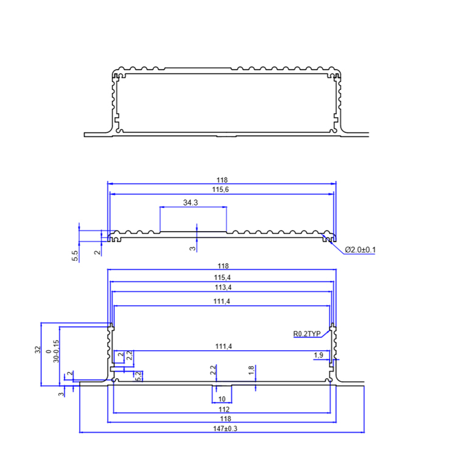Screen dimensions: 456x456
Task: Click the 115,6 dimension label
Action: click(x=221, y=190)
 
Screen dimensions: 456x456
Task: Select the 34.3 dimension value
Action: click(x=190, y=202)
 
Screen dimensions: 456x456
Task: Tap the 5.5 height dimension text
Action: click(x=75, y=255)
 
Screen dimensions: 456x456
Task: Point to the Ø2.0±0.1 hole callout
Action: click(x=359, y=250)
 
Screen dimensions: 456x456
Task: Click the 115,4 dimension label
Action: click(x=221, y=277)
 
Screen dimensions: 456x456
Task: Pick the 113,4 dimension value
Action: click(x=221, y=287)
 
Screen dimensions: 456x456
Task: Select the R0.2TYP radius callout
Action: click(x=306, y=334)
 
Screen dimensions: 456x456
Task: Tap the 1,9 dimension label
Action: click(x=318, y=355)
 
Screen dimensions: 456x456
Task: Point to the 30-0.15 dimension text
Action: click(x=56, y=351)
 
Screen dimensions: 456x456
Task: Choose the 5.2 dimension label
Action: click(x=139, y=376)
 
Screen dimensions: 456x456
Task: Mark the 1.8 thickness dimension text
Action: click(x=251, y=370)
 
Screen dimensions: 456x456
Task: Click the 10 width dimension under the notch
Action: click(x=221, y=399)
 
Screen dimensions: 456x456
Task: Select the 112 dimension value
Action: click(x=223, y=409)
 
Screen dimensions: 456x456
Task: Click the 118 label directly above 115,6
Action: click(x=221, y=180)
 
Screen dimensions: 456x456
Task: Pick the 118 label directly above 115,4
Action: click(x=221, y=266)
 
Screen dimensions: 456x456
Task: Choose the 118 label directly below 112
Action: click(x=223, y=419)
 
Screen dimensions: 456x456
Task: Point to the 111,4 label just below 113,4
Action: click(x=221, y=302)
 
